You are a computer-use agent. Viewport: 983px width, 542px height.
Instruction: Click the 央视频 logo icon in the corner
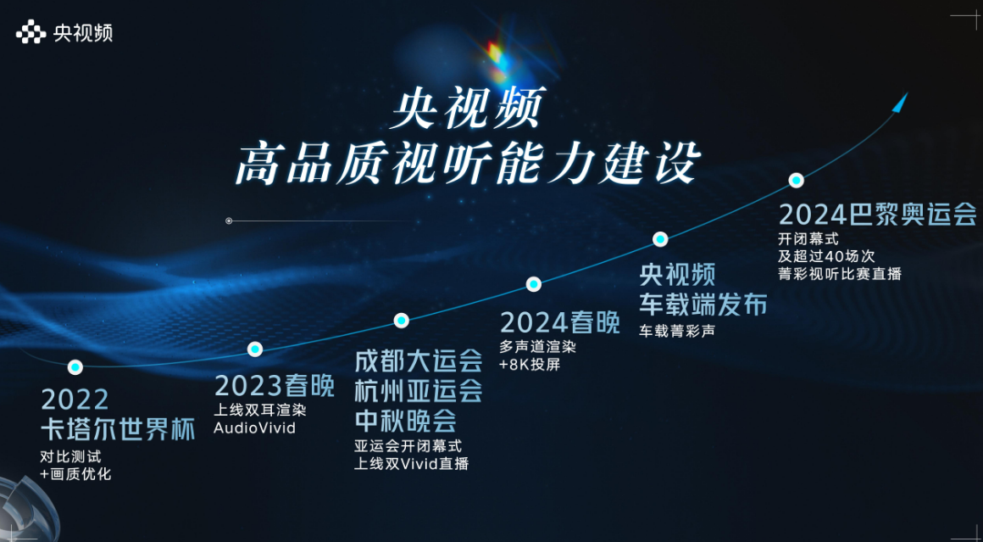click(x=31, y=31)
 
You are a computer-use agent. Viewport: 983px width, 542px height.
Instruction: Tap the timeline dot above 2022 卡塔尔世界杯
click(x=75, y=367)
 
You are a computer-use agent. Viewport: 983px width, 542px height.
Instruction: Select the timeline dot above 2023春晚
click(x=254, y=349)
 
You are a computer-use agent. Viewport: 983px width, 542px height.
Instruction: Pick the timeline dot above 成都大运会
click(x=401, y=321)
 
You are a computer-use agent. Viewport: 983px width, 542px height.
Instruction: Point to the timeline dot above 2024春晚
click(x=534, y=284)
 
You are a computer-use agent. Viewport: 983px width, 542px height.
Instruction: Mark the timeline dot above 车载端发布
click(x=660, y=239)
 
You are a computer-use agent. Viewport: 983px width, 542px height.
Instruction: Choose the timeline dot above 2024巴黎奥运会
click(x=797, y=181)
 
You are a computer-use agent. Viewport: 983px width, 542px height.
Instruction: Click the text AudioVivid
click(x=254, y=428)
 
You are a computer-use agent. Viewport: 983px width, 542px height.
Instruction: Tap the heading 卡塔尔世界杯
click(x=117, y=430)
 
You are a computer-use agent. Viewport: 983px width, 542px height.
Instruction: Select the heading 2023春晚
click(x=275, y=387)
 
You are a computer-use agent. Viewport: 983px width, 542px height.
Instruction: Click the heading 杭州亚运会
click(x=418, y=392)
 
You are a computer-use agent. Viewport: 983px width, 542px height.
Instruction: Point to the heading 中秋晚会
click(x=405, y=422)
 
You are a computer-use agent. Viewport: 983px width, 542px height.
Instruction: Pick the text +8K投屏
click(x=530, y=365)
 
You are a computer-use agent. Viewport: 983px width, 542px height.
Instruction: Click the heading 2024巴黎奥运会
click(x=877, y=215)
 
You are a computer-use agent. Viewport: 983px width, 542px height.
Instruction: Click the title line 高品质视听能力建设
click(x=466, y=164)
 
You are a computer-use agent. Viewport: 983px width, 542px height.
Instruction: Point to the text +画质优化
click(x=76, y=473)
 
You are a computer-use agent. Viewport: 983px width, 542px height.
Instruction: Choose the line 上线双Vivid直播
click(x=411, y=464)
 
